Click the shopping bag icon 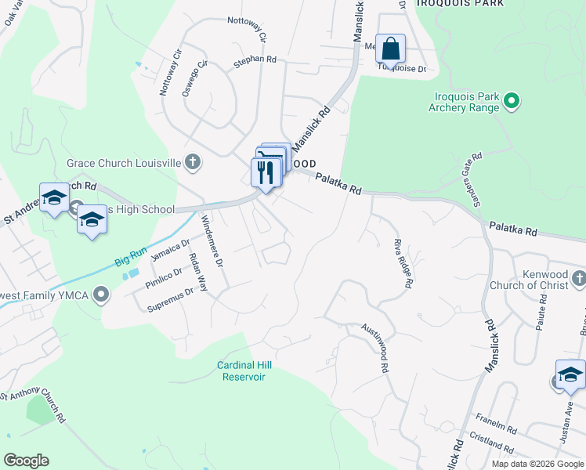point(390,49)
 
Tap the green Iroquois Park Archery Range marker point(512,100)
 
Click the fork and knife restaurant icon point(266,172)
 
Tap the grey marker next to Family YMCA point(100,295)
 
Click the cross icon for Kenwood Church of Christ point(578,278)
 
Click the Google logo point(26,461)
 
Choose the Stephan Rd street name point(255,60)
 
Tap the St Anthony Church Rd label point(33,406)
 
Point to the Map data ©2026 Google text point(537,464)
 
